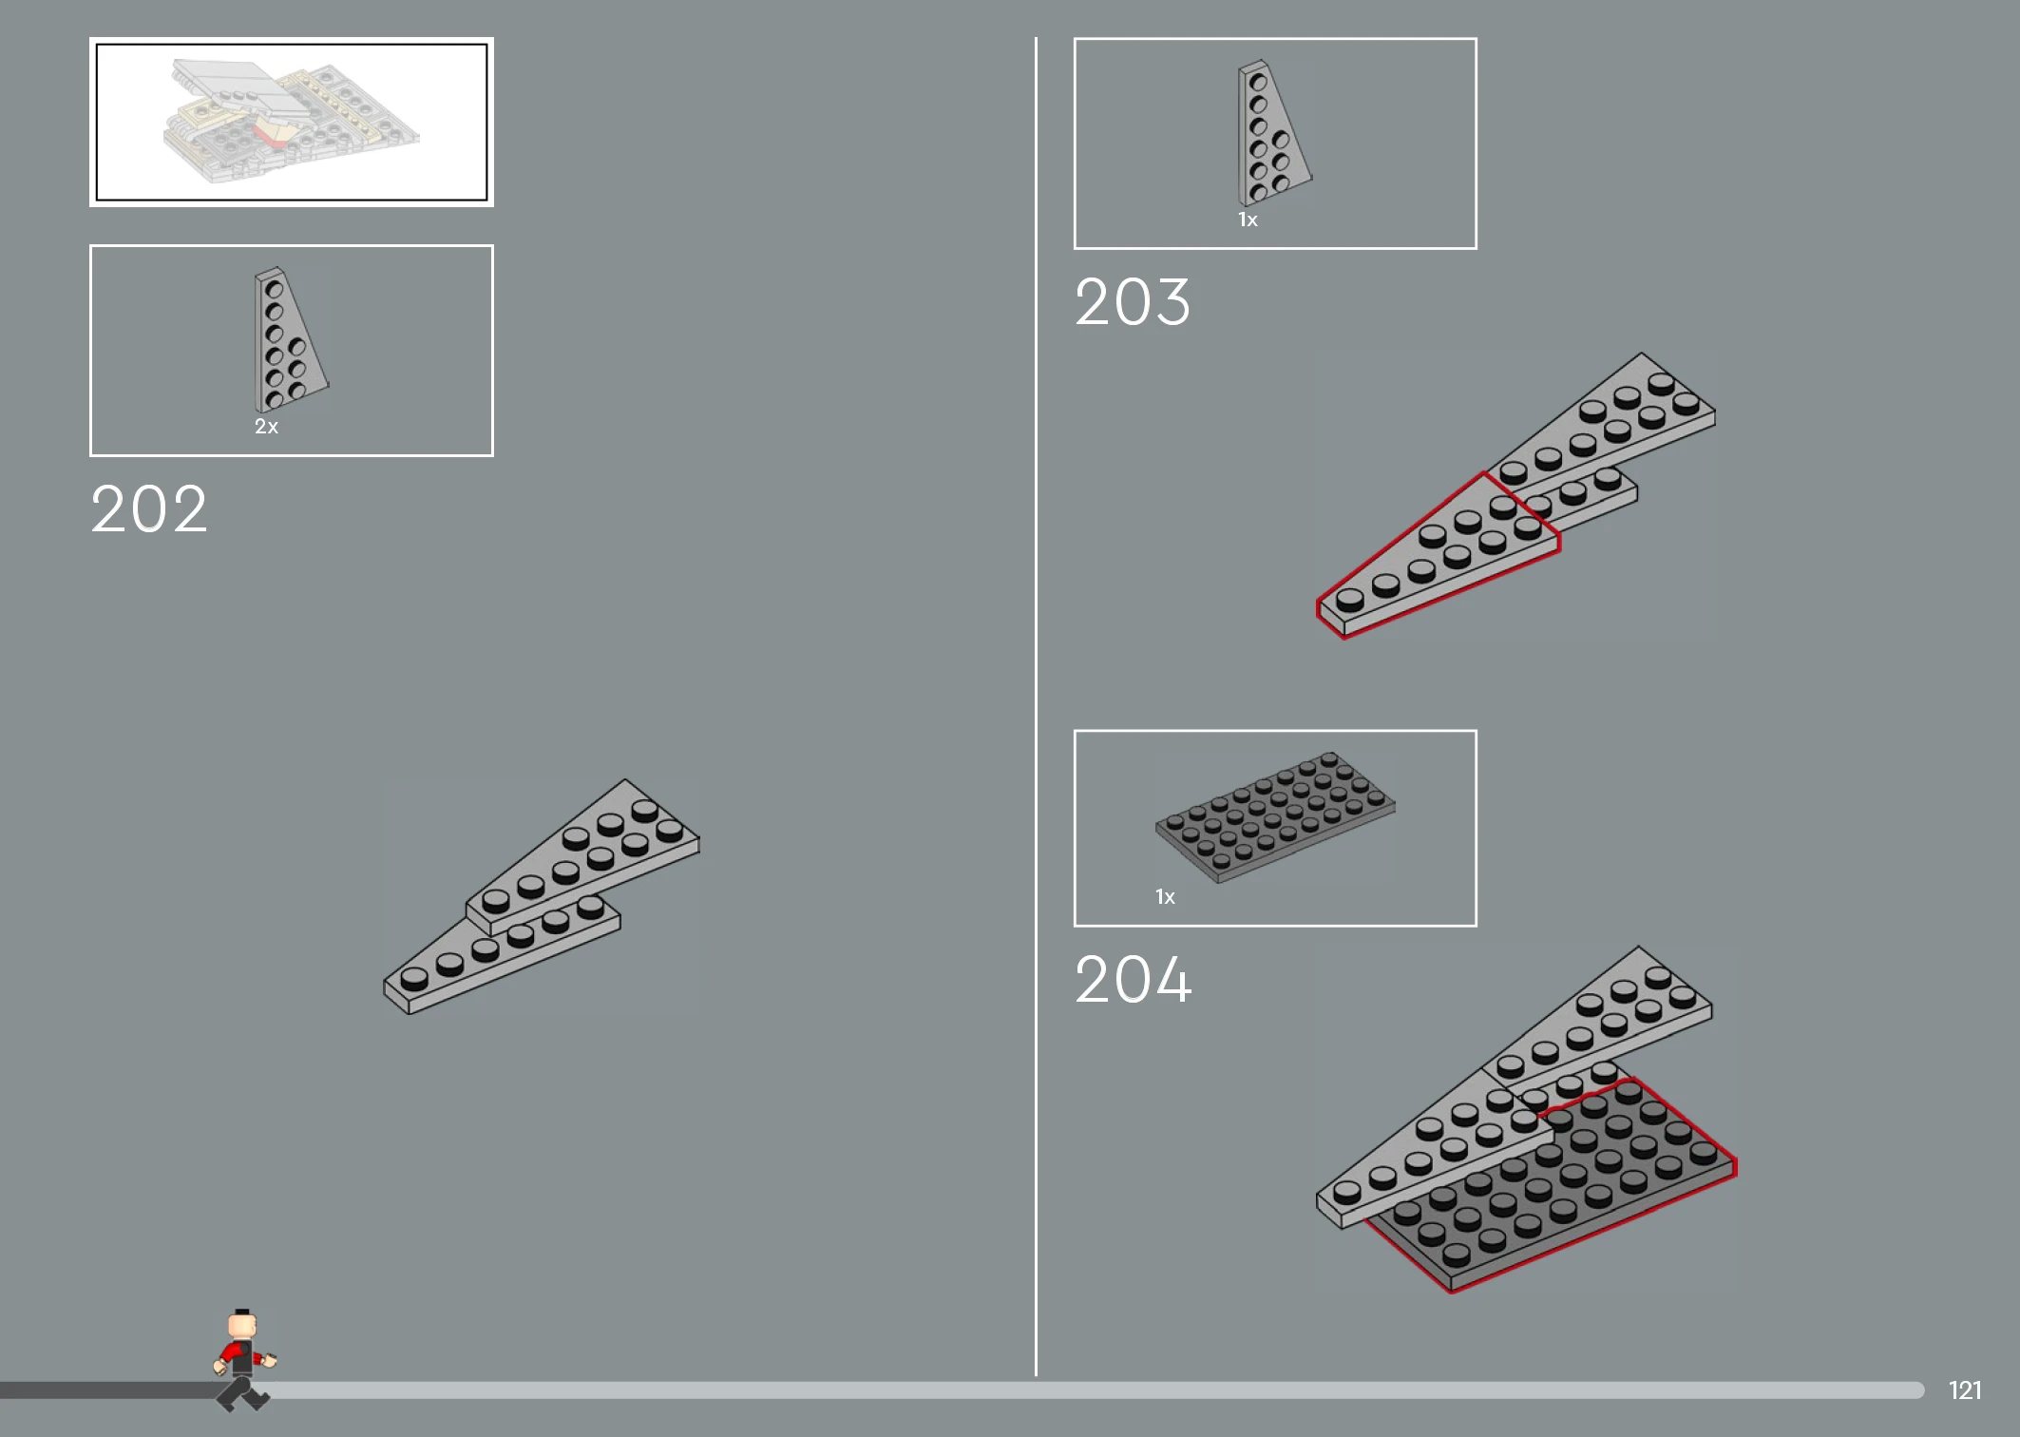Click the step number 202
(149, 508)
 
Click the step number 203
(1133, 302)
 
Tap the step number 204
(1134, 979)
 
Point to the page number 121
(1965, 1390)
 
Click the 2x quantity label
(266, 427)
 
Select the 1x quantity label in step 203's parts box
(1248, 220)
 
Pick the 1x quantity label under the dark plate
(1165, 897)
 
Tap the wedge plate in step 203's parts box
(1274, 133)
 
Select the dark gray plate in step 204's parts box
(1275, 817)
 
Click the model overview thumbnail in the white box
(292, 122)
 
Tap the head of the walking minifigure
(242, 1325)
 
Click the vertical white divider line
(1036, 706)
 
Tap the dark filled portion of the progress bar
(109, 1390)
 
